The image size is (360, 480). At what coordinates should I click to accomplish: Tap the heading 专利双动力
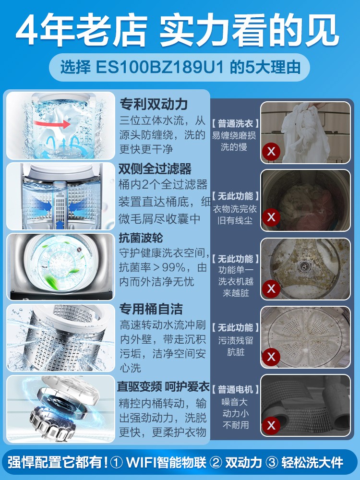(154, 104)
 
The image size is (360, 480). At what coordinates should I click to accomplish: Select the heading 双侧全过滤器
(155, 168)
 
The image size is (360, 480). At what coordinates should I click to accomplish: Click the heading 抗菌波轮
(141, 238)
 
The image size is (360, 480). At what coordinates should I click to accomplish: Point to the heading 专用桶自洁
(151, 309)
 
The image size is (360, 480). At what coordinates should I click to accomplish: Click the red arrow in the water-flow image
(52, 124)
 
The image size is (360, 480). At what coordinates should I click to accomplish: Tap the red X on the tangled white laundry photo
(271, 151)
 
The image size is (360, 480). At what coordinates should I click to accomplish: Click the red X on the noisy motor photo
(271, 425)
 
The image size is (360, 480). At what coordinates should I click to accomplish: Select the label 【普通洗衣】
(235, 124)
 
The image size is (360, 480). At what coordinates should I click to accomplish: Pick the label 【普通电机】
(235, 389)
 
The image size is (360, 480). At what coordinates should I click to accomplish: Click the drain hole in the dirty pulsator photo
(304, 266)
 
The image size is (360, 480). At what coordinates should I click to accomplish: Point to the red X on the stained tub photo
(271, 357)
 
